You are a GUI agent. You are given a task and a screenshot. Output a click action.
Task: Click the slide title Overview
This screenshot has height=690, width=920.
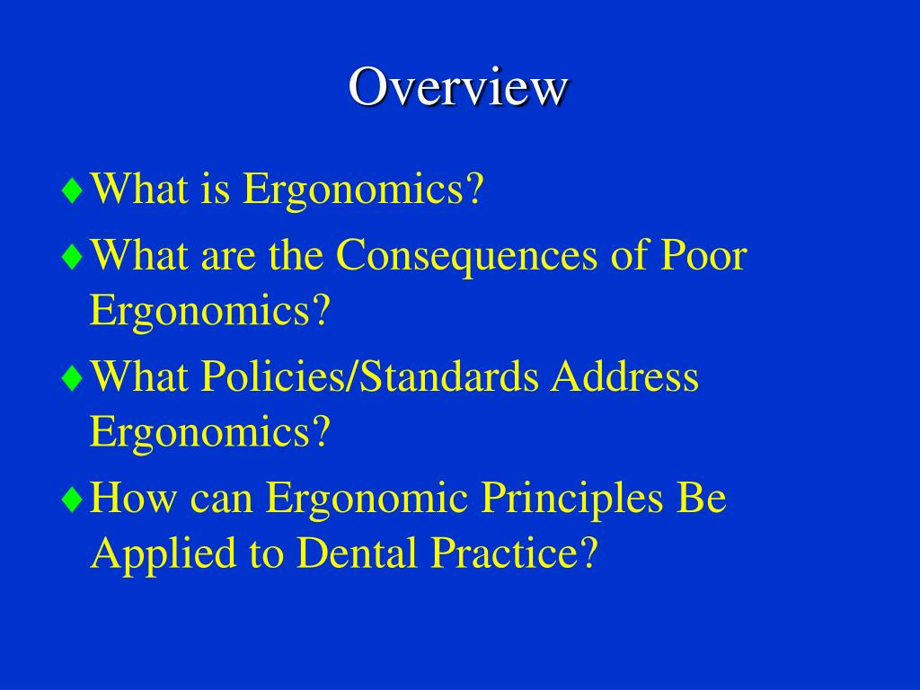458,87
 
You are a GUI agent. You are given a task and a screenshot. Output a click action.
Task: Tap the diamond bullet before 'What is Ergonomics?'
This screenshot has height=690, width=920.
73,191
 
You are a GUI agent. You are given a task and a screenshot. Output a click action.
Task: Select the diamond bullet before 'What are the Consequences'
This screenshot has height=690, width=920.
73,256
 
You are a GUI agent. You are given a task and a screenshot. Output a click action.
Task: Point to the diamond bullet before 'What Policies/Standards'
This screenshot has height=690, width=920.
73,378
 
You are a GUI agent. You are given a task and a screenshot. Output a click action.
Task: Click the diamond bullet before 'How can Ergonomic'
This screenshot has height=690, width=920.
73,500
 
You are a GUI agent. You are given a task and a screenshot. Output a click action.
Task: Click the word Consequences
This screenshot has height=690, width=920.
466,256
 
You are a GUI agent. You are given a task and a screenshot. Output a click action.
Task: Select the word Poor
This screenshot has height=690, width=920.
703,256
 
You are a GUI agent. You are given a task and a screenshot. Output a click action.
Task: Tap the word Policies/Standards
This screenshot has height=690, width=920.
370,378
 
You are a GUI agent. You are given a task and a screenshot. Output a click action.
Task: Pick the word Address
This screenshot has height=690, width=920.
624,377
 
